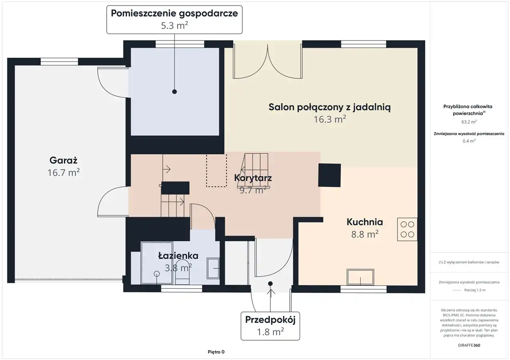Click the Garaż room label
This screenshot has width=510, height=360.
pos(63,160)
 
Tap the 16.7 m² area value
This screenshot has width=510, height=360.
pos(63,173)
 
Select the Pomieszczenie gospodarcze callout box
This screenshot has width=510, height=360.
pos(175,20)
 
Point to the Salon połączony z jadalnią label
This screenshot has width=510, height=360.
pos(330,107)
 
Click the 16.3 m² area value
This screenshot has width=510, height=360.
pos(330,119)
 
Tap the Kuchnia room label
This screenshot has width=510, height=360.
pos(365,222)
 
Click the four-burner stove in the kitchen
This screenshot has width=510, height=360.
pos(407,229)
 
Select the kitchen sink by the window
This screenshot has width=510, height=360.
pos(361,277)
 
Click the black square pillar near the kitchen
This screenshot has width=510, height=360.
pos(330,175)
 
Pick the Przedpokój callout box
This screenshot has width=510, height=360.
pos(270,326)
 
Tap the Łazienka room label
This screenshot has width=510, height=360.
pos(178,256)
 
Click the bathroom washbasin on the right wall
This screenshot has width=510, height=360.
pos(213,268)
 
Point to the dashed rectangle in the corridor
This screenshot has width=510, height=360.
pos(216,171)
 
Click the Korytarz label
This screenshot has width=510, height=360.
pos(253,178)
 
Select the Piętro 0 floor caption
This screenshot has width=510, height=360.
pos(216,352)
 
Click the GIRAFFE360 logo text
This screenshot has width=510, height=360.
pos(469,345)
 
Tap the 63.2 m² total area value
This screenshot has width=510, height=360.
pos(469,122)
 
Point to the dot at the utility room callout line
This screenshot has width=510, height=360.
pos(175,92)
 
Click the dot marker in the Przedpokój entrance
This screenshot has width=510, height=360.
pos(270,284)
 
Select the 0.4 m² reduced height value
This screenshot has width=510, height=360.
pos(469,141)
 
